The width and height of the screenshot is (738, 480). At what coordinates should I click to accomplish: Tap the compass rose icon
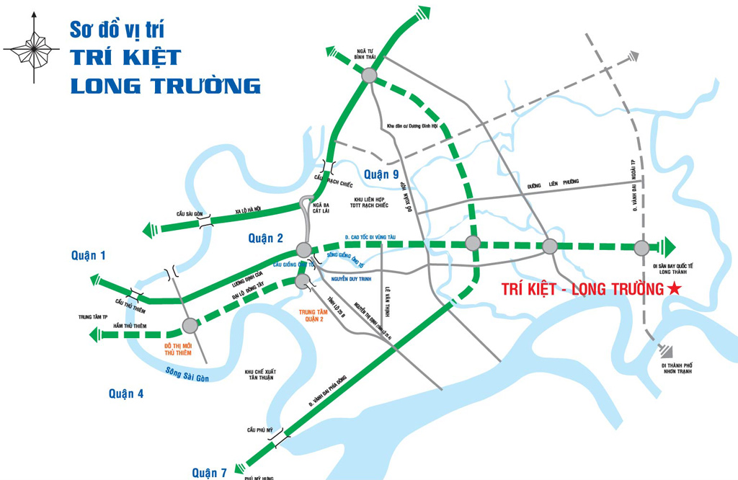(x=32, y=48)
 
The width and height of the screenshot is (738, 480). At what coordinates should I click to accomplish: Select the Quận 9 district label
(x=381, y=174)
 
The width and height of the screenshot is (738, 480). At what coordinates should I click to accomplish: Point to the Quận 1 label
(x=89, y=254)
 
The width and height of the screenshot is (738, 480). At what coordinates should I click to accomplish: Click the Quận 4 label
(x=126, y=393)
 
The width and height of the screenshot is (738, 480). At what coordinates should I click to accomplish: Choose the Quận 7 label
(x=209, y=473)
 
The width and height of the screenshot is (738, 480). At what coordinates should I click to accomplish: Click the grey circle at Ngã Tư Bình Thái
(x=369, y=74)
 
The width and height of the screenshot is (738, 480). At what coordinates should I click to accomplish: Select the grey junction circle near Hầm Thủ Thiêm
(x=190, y=326)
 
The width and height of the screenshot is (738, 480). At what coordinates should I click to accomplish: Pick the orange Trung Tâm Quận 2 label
(x=317, y=316)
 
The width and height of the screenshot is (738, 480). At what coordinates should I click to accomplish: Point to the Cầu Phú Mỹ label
(x=261, y=430)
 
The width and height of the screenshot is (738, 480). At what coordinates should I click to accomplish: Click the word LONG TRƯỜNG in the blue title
(x=165, y=85)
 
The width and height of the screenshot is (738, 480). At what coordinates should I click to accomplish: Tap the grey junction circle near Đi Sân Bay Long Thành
(x=641, y=248)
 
